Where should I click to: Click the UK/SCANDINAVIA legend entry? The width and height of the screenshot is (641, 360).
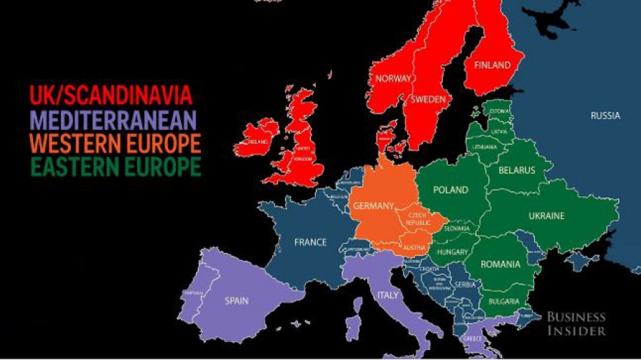[x=111, y=95]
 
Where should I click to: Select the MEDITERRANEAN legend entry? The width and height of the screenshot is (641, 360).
[x=114, y=119]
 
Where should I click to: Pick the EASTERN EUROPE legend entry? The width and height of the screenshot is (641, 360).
[x=115, y=166]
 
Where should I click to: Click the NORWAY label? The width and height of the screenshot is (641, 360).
[x=392, y=78]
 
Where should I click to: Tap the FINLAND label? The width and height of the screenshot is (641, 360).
[x=492, y=65]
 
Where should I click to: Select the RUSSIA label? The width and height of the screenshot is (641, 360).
[x=605, y=116]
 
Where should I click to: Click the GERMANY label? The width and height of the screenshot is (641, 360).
[x=373, y=206]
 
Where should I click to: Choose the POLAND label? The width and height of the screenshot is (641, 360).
[x=451, y=190]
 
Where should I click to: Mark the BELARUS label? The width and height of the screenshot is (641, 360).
[x=516, y=170]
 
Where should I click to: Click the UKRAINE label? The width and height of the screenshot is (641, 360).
[x=546, y=216]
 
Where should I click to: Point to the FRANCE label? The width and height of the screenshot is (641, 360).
[x=310, y=242]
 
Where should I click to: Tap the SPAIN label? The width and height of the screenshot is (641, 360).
[x=237, y=301]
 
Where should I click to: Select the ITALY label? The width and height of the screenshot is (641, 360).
[x=387, y=295]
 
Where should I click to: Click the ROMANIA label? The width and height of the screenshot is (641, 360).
[x=500, y=265]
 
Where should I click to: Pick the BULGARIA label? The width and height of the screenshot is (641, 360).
[x=504, y=301]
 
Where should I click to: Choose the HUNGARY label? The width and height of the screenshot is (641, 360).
[x=452, y=252]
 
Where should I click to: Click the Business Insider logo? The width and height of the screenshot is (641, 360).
[x=576, y=324]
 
